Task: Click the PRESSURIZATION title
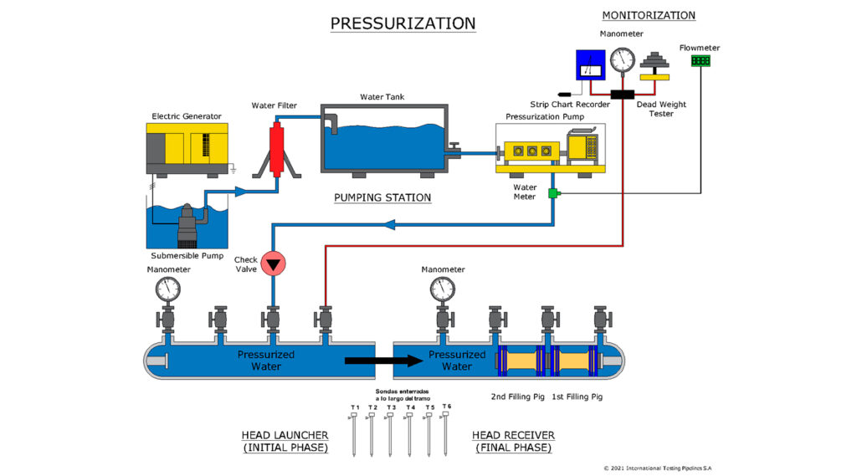(403, 23)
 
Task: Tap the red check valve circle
(273, 264)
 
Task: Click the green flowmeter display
(700, 62)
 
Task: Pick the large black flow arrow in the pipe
(383, 361)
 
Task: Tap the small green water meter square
(552, 194)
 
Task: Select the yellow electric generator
(187, 149)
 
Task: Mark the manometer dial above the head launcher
(168, 289)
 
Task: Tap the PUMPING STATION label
(382, 198)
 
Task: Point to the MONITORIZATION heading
(649, 15)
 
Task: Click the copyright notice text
(658, 468)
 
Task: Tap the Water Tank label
(382, 97)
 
